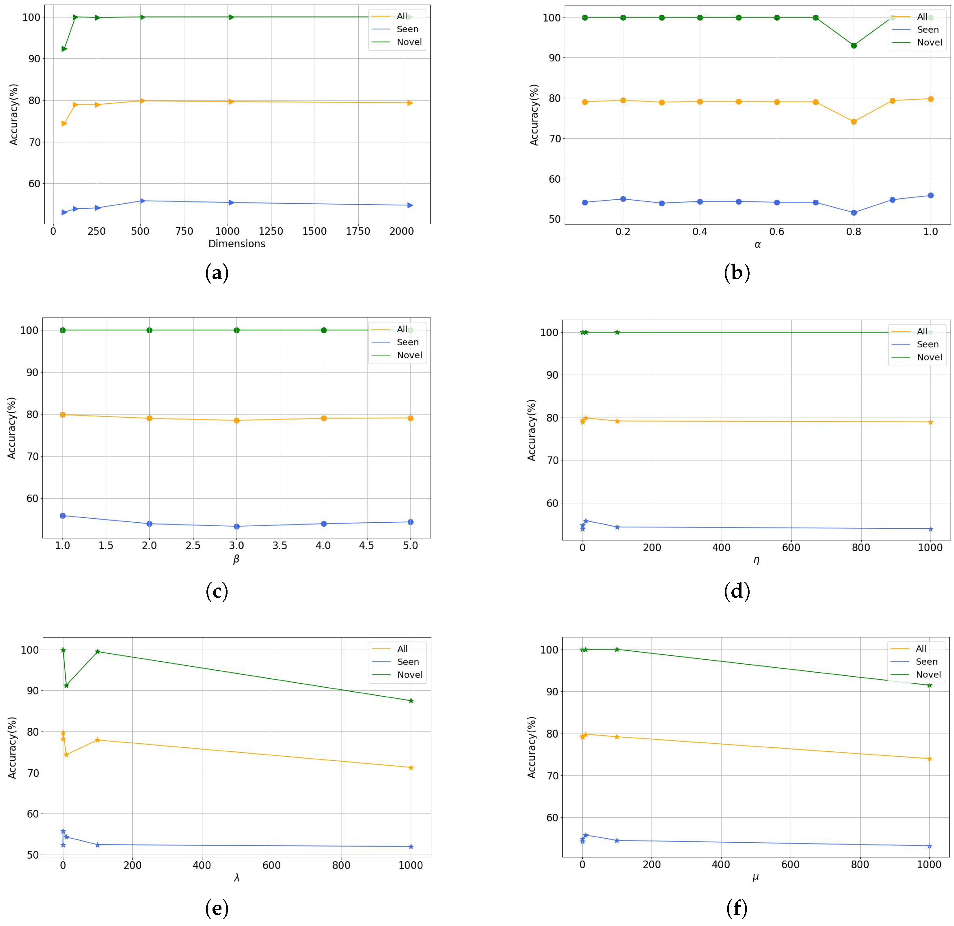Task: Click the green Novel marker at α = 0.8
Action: tap(854, 46)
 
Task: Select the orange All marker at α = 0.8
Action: tap(854, 121)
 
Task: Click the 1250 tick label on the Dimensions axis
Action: tap(271, 231)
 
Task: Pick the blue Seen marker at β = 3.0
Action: tap(236, 526)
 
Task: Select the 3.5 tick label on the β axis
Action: tap(280, 546)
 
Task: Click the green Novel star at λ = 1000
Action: tap(411, 701)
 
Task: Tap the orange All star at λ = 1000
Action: tap(411, 768)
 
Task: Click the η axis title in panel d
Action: tap(757, 560)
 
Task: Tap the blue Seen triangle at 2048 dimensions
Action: tap(410, 205)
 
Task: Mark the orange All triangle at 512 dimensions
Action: tap(142, 101)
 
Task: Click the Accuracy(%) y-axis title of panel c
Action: tap(12, 428)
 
